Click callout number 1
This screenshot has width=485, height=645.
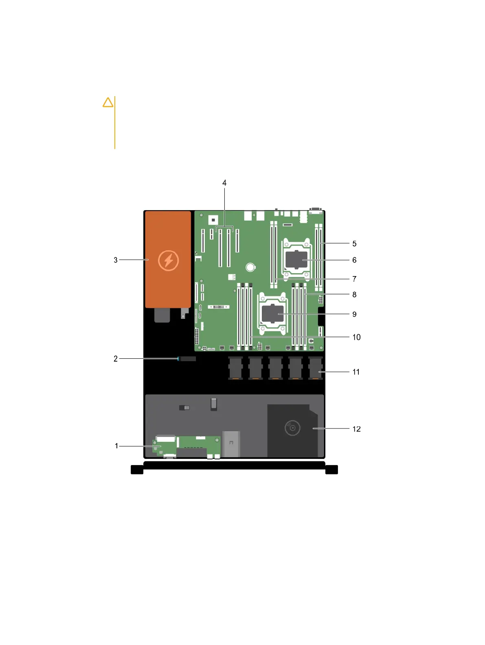(x=116, y=446)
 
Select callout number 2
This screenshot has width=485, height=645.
(x=116, y=359)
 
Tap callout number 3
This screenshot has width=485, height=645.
(x=116, y=260)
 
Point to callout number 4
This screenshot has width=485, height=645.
(x=224, y=183)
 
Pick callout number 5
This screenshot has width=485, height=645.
(x=354, y=244)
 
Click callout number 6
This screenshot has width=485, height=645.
(x=354, y=260)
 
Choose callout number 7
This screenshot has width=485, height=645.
(x=354, y=279)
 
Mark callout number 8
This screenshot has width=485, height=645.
(x=354, y=294)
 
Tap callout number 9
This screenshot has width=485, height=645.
(x=354, y=314)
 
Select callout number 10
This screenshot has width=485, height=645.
(x=356, y=337)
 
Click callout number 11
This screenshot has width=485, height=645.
(x=356, y=372)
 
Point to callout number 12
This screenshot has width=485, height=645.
(x=356, y=429)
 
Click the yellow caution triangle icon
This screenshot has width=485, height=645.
(x=108, y=102)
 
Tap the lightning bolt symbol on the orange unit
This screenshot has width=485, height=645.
(x=168, y=260)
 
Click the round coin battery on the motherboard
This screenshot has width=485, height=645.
(x=250, y=267)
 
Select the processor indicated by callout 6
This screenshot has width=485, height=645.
(x=296, y=260)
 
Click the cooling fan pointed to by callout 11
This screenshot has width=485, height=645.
(x=316, y=368)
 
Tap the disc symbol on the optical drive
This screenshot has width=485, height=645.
(x=292, y=428)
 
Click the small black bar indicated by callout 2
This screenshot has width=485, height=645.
(x=188, y=359)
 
